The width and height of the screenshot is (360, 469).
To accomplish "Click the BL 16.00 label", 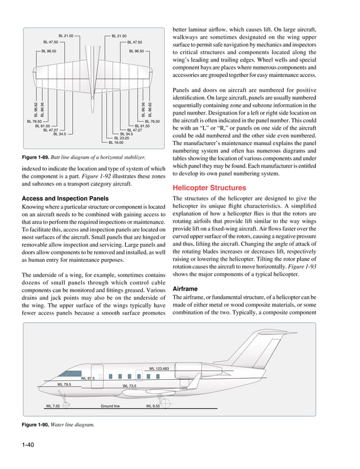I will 117,143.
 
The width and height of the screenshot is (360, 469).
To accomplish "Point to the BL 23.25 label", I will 122,138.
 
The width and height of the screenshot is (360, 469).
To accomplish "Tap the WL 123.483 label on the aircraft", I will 159,369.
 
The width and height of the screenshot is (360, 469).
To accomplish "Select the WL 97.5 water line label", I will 88,378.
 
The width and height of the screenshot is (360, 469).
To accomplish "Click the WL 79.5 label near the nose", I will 64,384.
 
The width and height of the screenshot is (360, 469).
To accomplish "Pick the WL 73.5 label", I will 129,386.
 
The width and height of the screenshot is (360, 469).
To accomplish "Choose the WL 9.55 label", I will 153,405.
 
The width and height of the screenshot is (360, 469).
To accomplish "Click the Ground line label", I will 110,405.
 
